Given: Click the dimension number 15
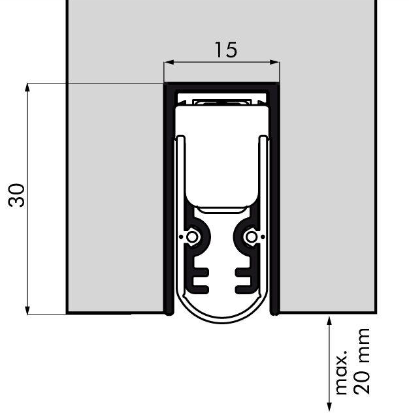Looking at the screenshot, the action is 225,50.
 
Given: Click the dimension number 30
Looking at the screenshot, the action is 16,195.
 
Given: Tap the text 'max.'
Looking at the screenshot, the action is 342,372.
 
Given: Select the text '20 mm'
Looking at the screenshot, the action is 361,361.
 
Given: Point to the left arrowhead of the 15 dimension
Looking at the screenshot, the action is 169,62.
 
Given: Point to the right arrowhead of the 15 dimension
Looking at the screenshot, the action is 274,62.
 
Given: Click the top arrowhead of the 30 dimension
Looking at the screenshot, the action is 27,87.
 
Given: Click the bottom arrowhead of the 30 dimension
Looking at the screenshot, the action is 27,309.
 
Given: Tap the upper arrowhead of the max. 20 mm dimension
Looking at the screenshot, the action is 329,321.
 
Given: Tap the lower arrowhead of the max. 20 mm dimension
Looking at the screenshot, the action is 329,407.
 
